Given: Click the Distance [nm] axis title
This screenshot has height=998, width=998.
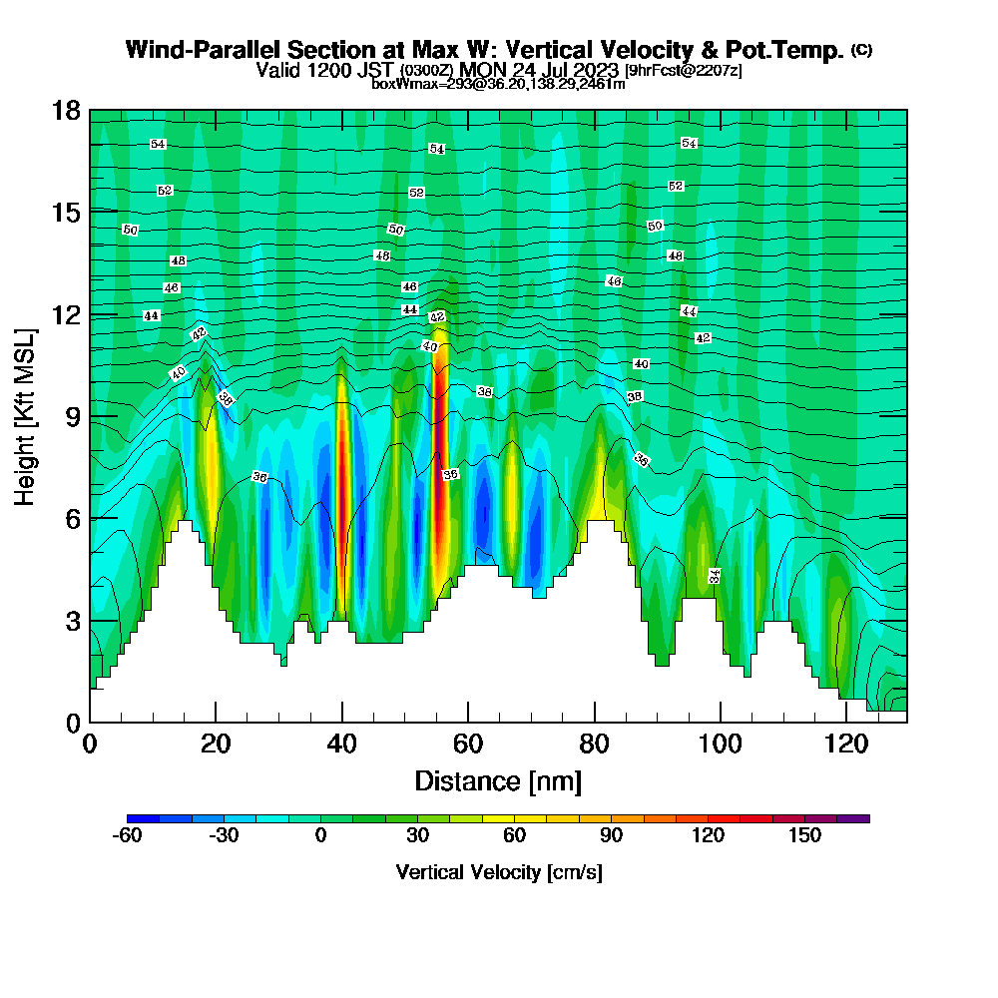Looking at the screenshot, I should (x=498, y=780).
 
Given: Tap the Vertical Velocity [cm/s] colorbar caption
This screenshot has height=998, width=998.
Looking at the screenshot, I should (x=498, y=872).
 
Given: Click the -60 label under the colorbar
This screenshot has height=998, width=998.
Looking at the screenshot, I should (x=128, y=835).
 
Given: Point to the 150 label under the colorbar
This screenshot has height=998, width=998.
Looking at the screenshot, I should (x=805, y=835).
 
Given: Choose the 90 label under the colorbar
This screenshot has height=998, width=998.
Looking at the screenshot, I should (x=612, y=835).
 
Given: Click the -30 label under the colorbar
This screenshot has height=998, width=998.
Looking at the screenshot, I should (x=224, y=835).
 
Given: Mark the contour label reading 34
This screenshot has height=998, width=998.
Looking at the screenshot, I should (x=715, y=576).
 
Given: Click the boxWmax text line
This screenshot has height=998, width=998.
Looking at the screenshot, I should (x=498, y=84).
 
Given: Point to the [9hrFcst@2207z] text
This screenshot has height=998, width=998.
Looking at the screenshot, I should (x=683, y=71).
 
